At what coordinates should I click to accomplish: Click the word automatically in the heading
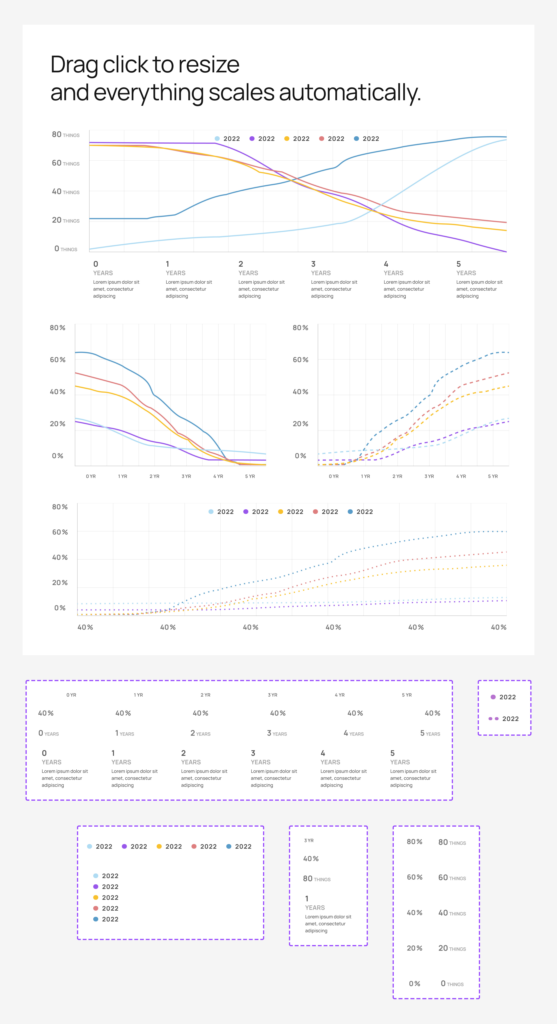click(x=350, y=93)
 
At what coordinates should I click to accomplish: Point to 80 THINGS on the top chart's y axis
click(x=66, y=135)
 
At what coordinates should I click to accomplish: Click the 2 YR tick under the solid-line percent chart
click(x=154, y=476)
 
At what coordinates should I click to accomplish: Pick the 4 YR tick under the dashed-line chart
click(x=461, y=476)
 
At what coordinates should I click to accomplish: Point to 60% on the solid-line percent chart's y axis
click(x=58, y=360)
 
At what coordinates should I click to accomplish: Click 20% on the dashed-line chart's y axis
click(x=300, y=424)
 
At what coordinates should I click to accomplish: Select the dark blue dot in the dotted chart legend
click(x=350, y=512)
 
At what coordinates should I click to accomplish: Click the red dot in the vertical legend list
click(x=96, y=908)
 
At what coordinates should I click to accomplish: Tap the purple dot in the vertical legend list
click(x=96, y=886)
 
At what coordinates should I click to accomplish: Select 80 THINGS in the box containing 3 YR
click(x=317, y=878)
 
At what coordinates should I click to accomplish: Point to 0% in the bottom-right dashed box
click(x=414, y=983)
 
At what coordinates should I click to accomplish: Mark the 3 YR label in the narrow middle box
click(x=309, y=840)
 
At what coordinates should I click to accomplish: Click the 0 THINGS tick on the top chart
click(x=66, y=249)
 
